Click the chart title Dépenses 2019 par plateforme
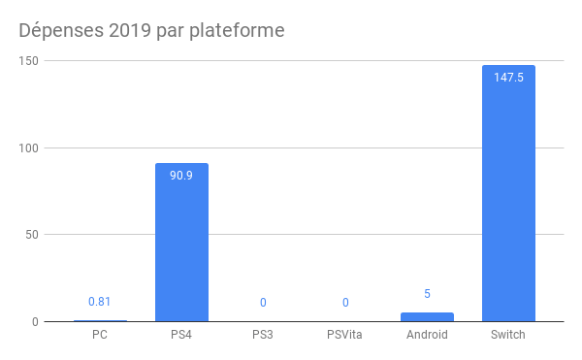[152, 31]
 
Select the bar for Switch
[508, 194]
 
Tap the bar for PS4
[181, 243]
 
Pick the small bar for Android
[427, 316]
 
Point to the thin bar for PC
[100, 320]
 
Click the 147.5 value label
[508, 78]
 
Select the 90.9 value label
[181, 176]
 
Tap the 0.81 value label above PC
[100, 302]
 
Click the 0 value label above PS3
[263, 303]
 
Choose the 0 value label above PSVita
[345, 303]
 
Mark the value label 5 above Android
[427, 294]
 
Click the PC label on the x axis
[100, 336]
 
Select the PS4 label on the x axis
[181, 336]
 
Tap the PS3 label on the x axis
[263, 336]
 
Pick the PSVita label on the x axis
[345, 336]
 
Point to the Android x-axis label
[427, 336]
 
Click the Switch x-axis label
[508, 336]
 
